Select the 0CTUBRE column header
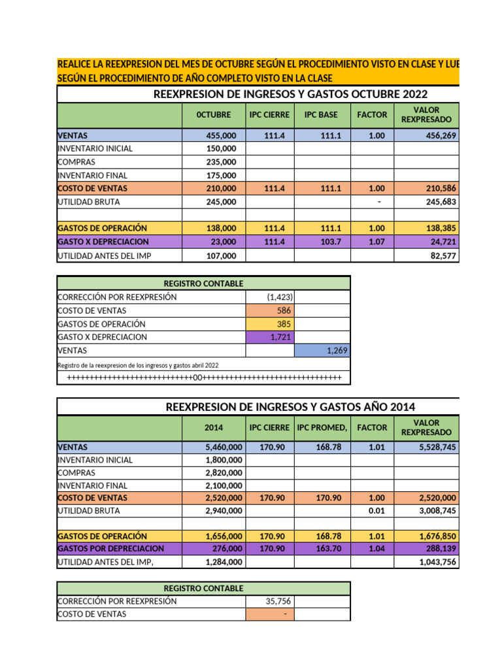[214, 115]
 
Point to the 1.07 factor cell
[372, 242]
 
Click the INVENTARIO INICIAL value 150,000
[222, 149]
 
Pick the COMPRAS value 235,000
[222, 162]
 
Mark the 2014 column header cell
[214, 428]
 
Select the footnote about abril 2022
[138, 365]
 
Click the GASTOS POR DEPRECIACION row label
[111, 549]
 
